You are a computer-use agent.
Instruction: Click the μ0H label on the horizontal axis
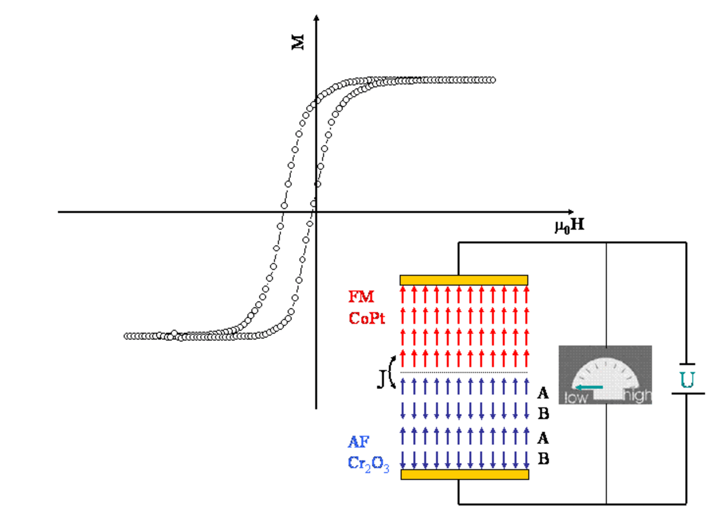point(570,225)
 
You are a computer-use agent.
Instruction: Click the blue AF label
point(359,442)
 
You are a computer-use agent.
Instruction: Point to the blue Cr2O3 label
point(368,464)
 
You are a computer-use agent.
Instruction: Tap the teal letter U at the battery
point(687,380)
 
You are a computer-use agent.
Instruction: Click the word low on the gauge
point(576,398)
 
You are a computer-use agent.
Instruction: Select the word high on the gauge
point(637,396)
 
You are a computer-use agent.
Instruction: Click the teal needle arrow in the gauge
point(589,387)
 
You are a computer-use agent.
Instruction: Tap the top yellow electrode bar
point(464,280)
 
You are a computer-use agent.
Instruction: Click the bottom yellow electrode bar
point(465,474)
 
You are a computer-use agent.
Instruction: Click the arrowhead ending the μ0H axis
point(571,212)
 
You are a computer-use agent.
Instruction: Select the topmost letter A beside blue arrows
point(543,393)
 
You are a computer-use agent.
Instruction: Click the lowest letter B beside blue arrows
point(543,459)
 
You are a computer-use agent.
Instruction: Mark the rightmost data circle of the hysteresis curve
point(492,80)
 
